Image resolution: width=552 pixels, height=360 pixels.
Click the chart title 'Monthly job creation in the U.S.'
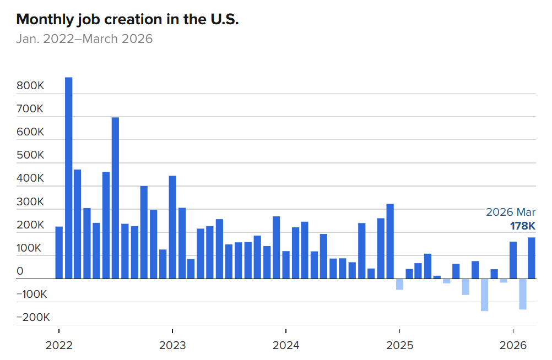(127, 19)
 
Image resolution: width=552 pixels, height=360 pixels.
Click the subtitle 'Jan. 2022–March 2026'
(84, 39)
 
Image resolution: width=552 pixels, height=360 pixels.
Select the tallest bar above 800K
(69, 178)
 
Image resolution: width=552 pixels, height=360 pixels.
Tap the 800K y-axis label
(30, 86)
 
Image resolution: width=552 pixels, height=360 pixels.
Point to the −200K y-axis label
(33, 318)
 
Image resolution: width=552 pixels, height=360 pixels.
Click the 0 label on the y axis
(20, 271)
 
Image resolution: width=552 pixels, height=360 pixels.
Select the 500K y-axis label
(30, 155)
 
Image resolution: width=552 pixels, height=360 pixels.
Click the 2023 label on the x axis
(172, 346)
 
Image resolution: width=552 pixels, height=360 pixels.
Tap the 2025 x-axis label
(399, 346)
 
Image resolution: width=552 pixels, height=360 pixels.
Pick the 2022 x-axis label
(59, 346)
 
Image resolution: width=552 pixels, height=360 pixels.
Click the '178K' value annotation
(522, 226)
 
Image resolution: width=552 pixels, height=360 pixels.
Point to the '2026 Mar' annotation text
(510, 212)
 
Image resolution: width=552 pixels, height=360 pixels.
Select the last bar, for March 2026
(532, 258)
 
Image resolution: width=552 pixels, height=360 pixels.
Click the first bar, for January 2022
(59, 253)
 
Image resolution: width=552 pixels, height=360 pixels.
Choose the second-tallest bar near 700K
(115, 198)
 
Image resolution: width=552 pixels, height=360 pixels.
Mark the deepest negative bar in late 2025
(485, 294)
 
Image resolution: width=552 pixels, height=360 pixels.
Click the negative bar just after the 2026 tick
(522, 294)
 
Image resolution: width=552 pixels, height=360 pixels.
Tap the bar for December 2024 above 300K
(390, 241)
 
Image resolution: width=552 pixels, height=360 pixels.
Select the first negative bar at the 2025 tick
(399, 284)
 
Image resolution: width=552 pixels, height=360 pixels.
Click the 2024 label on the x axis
(286, 346)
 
